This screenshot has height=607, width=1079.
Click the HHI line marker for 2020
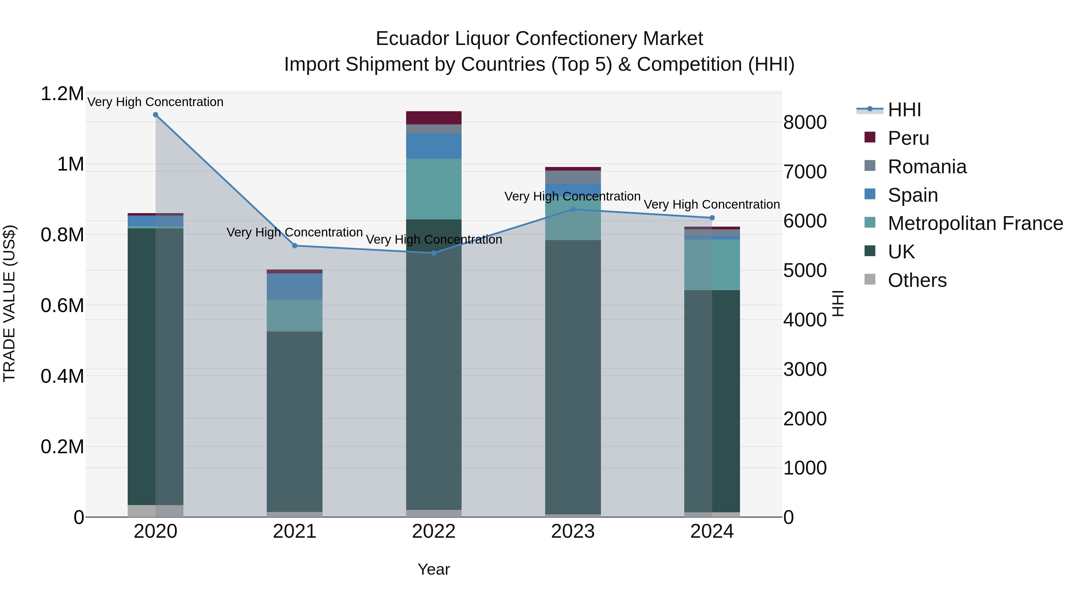[155, 115]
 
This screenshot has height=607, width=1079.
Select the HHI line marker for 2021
[294, 246]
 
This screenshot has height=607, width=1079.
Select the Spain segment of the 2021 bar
[294, 287]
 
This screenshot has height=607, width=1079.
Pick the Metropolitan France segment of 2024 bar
[712, 265]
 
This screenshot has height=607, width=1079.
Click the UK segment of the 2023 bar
[572, 377]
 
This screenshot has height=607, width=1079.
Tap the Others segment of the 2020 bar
[155, 511]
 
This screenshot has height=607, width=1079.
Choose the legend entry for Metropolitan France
[975, 224]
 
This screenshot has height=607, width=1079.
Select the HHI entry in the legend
[904, 110]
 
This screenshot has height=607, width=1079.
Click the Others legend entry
[917, 281]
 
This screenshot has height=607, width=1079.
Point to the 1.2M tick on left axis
[62, 94]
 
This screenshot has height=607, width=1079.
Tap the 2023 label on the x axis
[572, 531]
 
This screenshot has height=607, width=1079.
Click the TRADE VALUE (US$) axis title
[9, 303]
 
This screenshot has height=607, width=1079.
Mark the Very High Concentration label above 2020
[155, 102]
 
